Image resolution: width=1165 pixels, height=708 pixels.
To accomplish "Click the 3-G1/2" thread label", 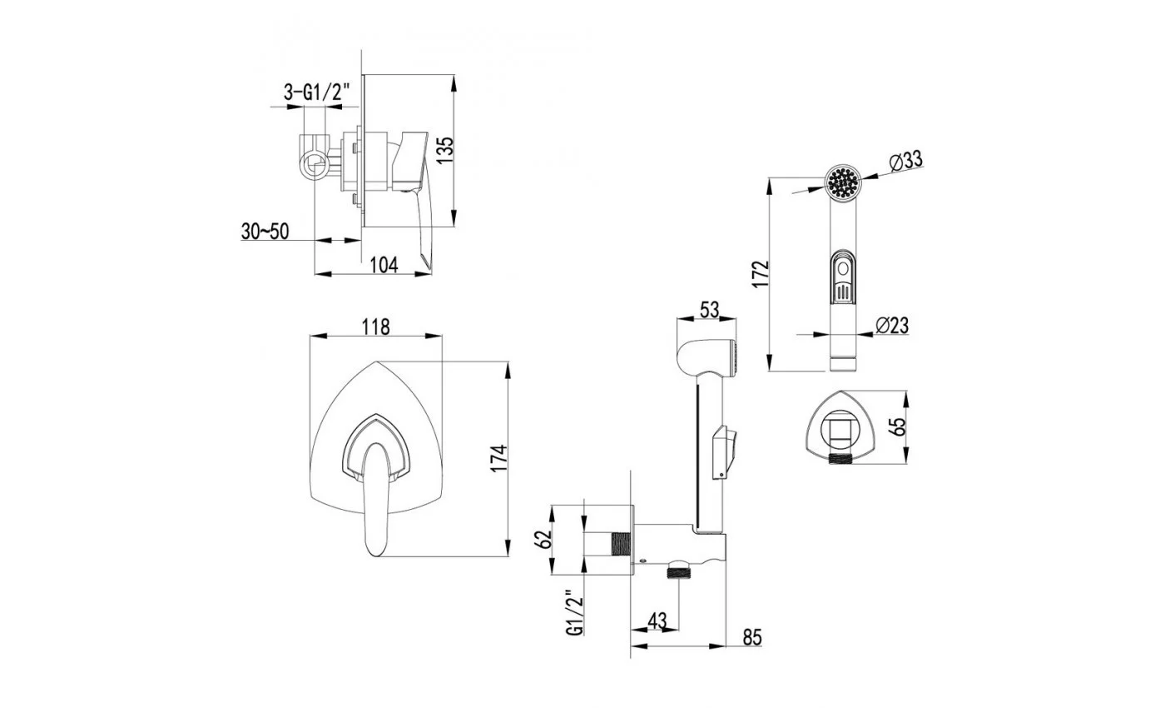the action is point(317,92).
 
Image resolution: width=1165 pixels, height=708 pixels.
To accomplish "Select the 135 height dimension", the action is point(445,151).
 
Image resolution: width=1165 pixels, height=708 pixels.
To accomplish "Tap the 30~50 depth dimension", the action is point(265,232).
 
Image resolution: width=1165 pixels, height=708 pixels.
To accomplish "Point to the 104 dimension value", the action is point(384,265).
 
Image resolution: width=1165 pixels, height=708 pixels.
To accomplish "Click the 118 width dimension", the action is point(375,327).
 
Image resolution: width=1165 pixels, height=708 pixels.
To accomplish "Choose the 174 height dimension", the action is point(498,458).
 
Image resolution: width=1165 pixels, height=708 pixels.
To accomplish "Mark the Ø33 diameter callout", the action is point(905,160).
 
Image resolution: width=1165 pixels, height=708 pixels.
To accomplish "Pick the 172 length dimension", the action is point(760,274).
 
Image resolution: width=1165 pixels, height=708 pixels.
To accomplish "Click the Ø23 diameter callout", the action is point(892,326).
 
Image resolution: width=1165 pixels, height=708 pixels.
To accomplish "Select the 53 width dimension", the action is point(709,310).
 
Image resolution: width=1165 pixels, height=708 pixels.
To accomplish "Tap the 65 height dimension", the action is point(898,426).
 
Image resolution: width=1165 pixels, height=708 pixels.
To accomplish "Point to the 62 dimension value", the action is point(543,540).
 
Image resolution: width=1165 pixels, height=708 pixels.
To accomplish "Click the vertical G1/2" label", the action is point(575,612).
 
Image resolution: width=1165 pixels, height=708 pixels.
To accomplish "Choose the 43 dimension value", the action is point(657,621).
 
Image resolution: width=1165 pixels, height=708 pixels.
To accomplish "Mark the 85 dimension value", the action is point(752,637).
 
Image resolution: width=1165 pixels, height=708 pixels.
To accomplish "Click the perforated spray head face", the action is point(843,182).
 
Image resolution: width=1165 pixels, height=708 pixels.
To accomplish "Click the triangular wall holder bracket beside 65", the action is point(840,426).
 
